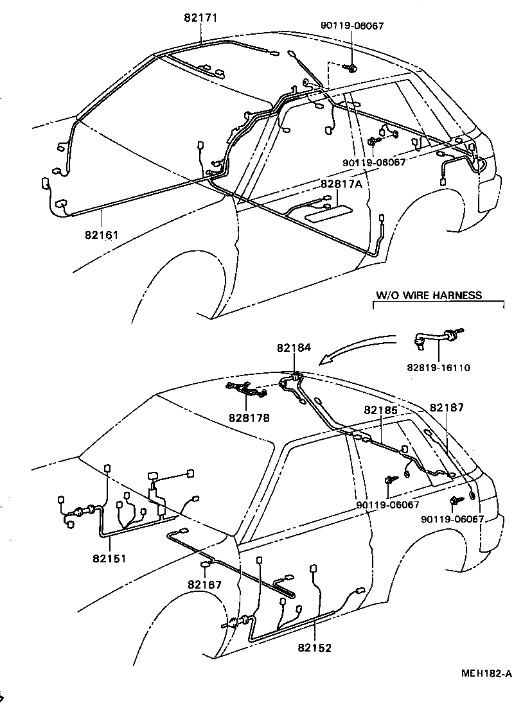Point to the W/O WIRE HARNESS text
pyautogui.click(x=428, y=296)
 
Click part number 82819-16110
pyautogui.click(x=439, y=368)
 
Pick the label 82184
pyautogui.click(x=294, y=347)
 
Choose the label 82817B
pyautogui.click(x=249, y=417)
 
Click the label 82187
pyautogui.click(x=446, y=407)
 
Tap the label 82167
pyautogui.click(x=205, y=584)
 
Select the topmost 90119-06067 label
pyautogui.click(x=352, y=26)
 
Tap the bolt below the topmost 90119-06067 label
pyautogui.click(x=351, y=67)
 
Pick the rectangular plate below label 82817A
pyautogui.click(x=328, y=212)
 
